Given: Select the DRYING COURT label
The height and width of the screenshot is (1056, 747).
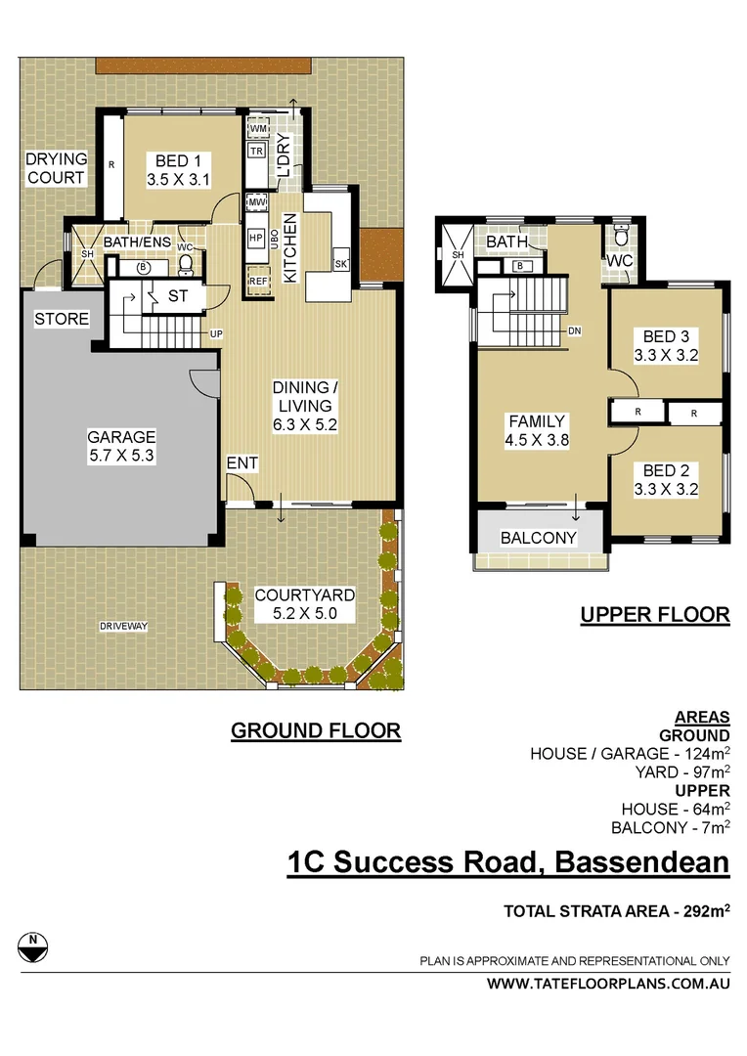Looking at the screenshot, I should click(x=56, y=168).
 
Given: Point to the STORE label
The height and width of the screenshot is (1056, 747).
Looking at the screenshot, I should click(x=62, y=319).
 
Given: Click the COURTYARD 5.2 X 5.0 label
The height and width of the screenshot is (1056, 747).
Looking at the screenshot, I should click(x=304, y=604).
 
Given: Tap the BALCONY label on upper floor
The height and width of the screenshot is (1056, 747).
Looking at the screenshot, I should click(x=538, y=538).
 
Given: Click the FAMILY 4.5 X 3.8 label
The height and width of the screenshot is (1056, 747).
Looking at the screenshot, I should click(x=537, y=430).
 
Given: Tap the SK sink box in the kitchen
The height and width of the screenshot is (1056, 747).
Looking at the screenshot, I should click(x=340, y=264).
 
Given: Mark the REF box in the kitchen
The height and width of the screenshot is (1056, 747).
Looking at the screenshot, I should click(x=257, y=282).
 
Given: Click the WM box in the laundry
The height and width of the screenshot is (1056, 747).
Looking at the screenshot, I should click(x=258, y=129).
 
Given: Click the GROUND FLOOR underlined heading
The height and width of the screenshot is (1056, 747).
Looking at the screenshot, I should click(x=316, y=730).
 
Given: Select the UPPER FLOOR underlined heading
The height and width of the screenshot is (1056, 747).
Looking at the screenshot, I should click(x=654, y=615).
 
